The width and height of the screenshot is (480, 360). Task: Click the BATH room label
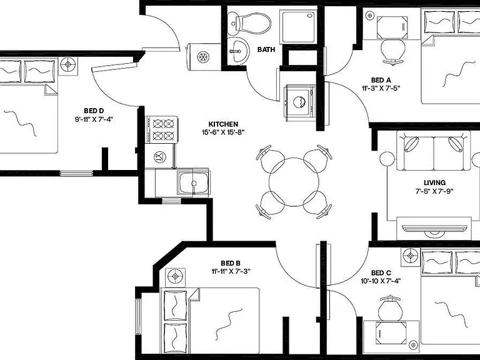266,49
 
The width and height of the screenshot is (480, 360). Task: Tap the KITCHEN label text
223,124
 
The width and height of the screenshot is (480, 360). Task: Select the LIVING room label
434,182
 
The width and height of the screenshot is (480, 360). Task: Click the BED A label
381,80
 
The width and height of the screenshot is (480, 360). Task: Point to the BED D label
94,111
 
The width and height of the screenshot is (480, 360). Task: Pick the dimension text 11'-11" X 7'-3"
231,271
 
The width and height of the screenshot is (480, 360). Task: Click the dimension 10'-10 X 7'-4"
381,281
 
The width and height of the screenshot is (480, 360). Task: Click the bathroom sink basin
238,51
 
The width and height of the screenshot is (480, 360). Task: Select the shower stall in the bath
299,27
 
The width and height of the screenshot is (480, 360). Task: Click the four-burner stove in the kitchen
161,129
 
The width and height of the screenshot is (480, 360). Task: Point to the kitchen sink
193,183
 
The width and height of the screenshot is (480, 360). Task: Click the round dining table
294,182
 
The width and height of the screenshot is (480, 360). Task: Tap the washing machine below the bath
300,102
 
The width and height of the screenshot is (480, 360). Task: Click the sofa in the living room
433,150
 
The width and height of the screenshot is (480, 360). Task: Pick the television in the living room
434,229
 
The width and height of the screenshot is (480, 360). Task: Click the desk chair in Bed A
393,52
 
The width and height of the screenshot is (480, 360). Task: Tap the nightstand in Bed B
175,277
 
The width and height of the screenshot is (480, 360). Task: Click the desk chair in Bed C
390,308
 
